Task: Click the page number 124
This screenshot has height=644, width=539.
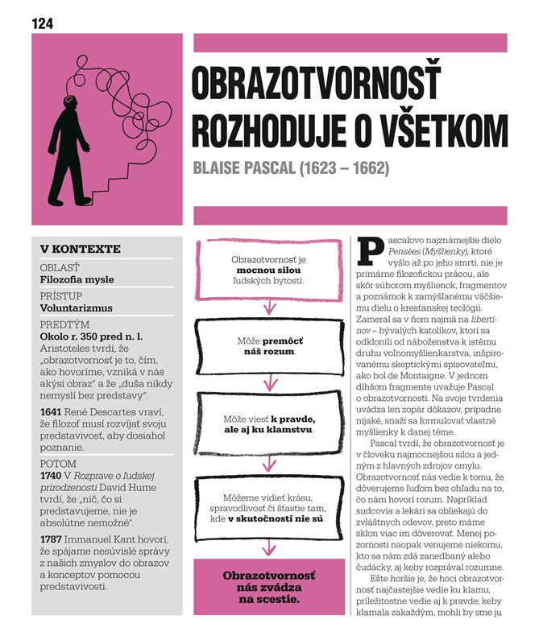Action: point(42,23)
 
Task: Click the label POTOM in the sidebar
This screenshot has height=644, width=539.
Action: point(59,464)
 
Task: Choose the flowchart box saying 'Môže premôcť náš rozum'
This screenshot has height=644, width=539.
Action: point(270,347)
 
